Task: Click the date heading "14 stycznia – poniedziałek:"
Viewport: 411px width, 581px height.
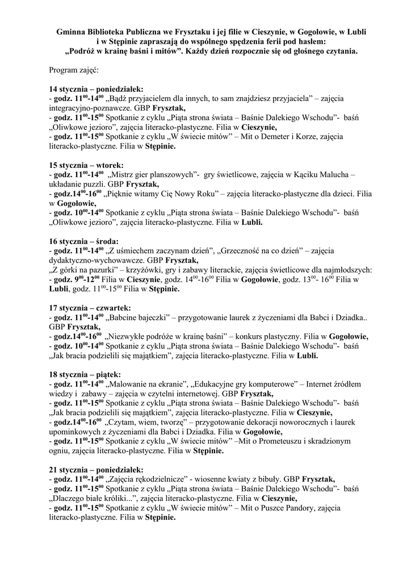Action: pos(97,90)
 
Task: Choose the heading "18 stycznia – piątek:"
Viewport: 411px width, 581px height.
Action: pos(85,374)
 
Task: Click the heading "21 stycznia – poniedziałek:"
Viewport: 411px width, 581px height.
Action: pos(97,470)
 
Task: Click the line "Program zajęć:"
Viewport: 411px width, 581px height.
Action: pos(74,70)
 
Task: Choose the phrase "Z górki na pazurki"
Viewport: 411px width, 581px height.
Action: pos(85,270)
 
